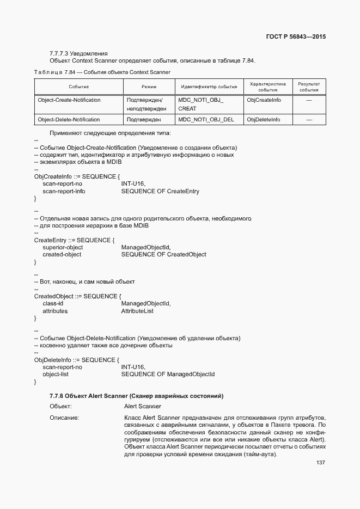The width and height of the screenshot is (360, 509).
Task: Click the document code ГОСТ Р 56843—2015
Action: coord(296,38)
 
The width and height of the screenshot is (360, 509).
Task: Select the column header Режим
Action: coord(149,87)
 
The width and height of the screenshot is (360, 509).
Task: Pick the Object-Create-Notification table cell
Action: coord(69,101)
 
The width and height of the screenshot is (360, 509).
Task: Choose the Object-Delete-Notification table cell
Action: coord(69,120)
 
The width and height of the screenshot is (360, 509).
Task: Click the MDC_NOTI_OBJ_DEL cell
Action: coord(206,120)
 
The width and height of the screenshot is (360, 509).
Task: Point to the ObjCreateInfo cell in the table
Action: coord(264,101)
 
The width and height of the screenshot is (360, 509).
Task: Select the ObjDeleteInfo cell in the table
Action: coord(264,120)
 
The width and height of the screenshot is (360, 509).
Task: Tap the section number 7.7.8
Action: coord(58,396)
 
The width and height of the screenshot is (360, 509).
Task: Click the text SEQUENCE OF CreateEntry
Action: coord(160,192)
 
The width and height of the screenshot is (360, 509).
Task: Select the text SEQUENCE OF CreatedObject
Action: coord(163,255)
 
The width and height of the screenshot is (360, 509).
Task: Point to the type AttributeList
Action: coord(137,311)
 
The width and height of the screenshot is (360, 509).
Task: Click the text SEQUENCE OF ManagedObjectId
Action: coord(168,375)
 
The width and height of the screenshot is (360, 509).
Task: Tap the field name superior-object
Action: coord(63,248)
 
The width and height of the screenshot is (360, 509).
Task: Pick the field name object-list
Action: coord(56,375)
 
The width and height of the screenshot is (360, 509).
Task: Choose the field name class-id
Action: coord(53,304)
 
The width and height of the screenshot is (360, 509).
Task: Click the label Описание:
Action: coord(64,418)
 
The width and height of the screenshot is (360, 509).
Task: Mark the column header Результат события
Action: coord(308,87)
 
